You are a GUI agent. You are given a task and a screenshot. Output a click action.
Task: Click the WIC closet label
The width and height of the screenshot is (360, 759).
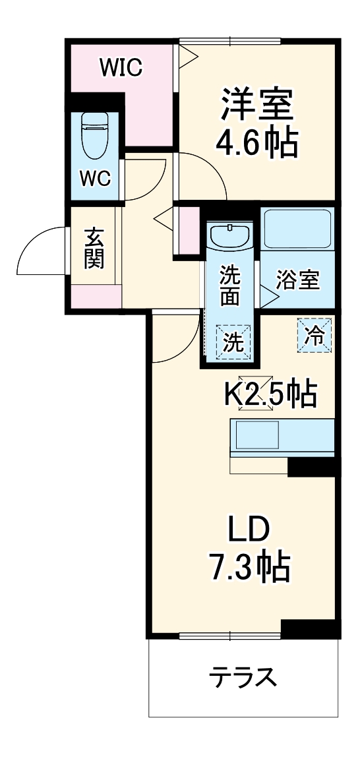[x=121, y=68]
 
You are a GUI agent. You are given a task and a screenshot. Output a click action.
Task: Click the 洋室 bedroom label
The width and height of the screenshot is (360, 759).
[x=257, y=105]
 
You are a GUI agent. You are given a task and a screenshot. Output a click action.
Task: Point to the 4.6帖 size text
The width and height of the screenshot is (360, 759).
[x=257, y=141]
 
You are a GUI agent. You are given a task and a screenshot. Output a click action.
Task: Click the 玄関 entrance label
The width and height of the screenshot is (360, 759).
[x=95, y=248]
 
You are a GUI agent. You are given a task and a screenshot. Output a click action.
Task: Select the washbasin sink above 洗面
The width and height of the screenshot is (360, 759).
[x=229, y=235]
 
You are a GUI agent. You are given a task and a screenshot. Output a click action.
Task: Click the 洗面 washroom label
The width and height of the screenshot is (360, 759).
[x=229, y=284]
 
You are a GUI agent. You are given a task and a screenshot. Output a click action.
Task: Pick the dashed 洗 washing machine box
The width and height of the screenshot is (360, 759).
[x=233, y=342]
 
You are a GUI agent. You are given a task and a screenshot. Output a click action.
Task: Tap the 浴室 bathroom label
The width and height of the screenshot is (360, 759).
[x=297, y=280]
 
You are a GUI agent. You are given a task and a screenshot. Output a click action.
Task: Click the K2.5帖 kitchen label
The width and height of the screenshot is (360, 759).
[x=271, y=395]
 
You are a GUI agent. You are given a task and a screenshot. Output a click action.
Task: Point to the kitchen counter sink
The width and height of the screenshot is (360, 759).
[x=256, y=435]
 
